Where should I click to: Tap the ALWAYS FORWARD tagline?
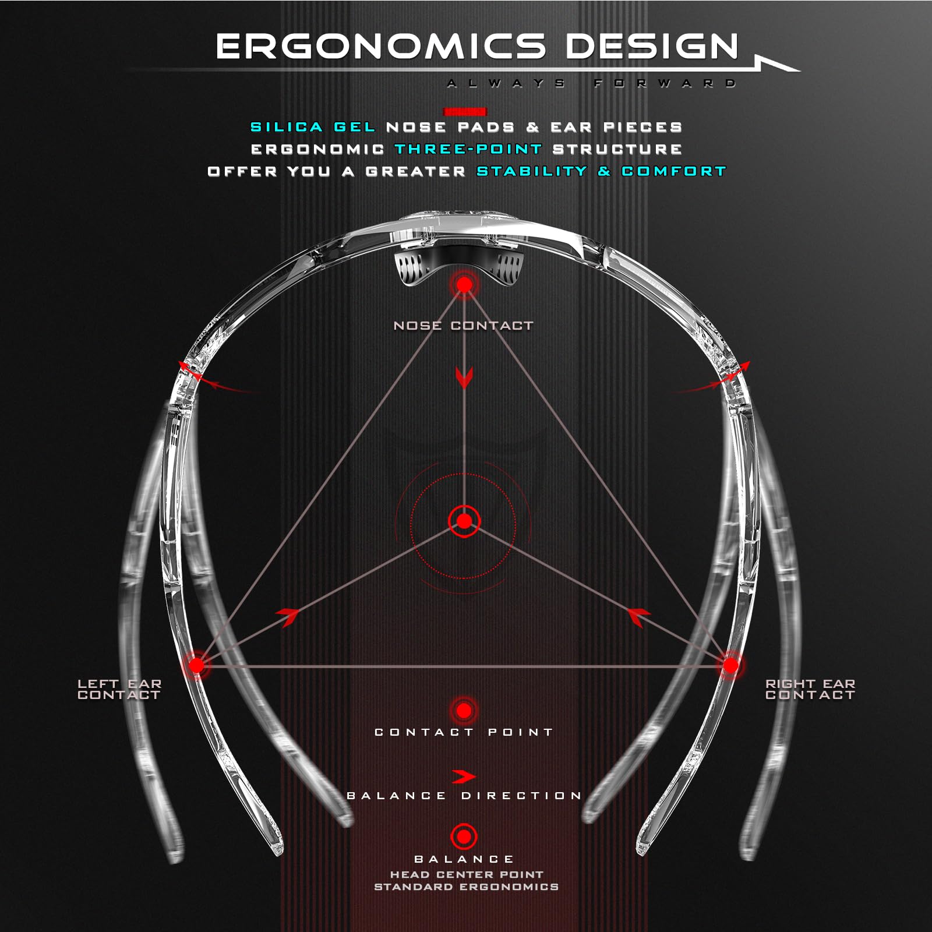point(591,83)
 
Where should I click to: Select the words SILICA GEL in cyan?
point(313,127)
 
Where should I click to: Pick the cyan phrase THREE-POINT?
point(469,149)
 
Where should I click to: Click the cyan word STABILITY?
point(532,171)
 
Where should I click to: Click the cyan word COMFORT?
point(674,171)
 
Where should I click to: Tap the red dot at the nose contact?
point(464,285)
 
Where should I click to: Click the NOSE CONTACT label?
point(464,326)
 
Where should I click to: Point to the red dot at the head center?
point(464,521)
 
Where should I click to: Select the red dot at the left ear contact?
point(196,665)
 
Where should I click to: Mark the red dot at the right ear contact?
point(730,665)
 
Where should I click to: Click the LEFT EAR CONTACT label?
point(119,689)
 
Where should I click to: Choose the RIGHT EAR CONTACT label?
point(810,689)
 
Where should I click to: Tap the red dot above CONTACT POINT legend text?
point(464,711)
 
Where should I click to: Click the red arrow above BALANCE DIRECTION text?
point(464,776)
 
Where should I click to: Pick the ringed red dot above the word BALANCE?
point(464,836)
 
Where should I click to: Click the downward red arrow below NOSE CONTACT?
point(464,377)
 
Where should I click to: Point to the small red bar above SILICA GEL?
point(465,111)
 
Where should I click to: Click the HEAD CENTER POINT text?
point(467,874)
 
